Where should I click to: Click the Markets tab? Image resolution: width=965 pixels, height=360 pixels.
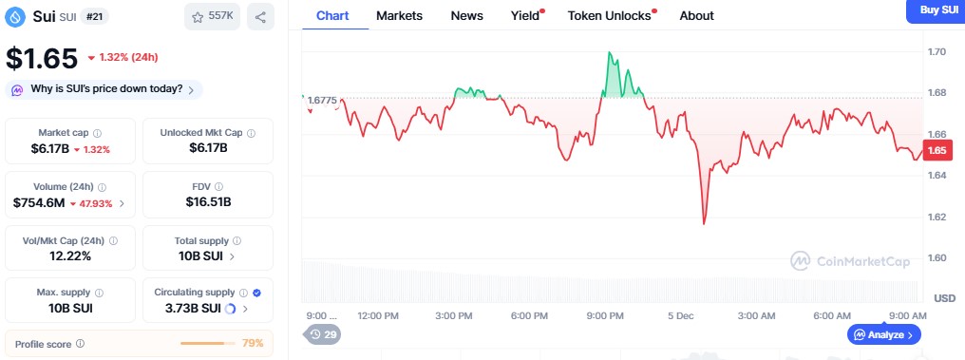click(399, 15)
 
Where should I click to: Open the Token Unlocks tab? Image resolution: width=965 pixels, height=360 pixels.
click(609, 15)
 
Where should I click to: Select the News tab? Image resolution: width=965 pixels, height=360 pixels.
click(466, 15)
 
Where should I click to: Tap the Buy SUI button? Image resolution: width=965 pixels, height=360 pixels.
click(937, 9)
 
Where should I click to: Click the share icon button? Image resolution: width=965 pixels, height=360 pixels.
click(260, 16)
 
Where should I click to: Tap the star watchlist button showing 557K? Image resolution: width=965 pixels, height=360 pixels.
click(212, 16)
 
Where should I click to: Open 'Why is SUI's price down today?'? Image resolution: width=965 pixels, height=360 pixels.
click(104, 89)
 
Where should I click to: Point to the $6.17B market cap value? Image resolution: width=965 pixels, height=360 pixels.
click(45, 148)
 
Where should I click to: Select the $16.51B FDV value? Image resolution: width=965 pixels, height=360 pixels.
click(207, 202)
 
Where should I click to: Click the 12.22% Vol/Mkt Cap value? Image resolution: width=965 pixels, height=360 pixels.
click(71, 256)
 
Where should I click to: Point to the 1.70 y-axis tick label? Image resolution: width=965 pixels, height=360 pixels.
click(937, 52)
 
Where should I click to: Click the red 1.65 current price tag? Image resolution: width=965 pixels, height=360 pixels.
click(937, 150)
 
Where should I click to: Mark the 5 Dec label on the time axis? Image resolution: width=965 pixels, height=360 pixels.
click(679, 314)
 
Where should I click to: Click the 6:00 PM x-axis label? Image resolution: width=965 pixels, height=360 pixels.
click(528, 314)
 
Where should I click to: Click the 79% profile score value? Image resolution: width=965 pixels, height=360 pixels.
click(252, 343)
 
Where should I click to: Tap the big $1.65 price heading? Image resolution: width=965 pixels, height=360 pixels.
click(42, 58)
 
